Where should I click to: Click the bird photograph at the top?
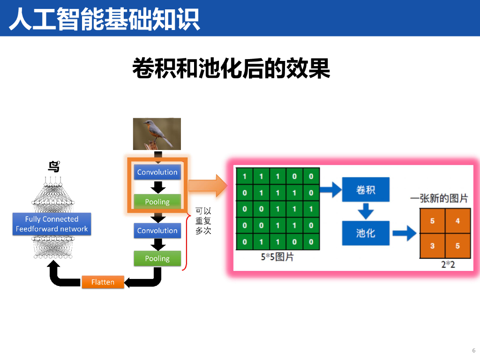tap(157, 134)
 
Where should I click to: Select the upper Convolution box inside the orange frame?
tap(157, 172)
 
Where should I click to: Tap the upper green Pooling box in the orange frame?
tap(157, 202)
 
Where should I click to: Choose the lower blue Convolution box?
tap(157, 231)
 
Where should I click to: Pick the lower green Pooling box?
tap(157, 258)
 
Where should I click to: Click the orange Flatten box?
tap(103, 282)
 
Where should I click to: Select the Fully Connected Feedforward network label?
tap(52, 224)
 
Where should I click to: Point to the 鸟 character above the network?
tap(54, 166)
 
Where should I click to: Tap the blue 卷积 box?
tap(366, 190)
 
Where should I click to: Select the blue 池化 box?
tap(366, 232)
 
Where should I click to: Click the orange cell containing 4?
tap(457, 221)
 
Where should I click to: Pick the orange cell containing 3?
tap(432, 246)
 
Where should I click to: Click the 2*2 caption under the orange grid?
tap(448, 264)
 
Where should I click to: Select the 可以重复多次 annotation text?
tap(203, 221)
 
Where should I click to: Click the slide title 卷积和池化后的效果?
tap(231, 68)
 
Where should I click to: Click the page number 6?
tap(473, 350)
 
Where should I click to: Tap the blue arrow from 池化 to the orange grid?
tap(404, 232)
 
